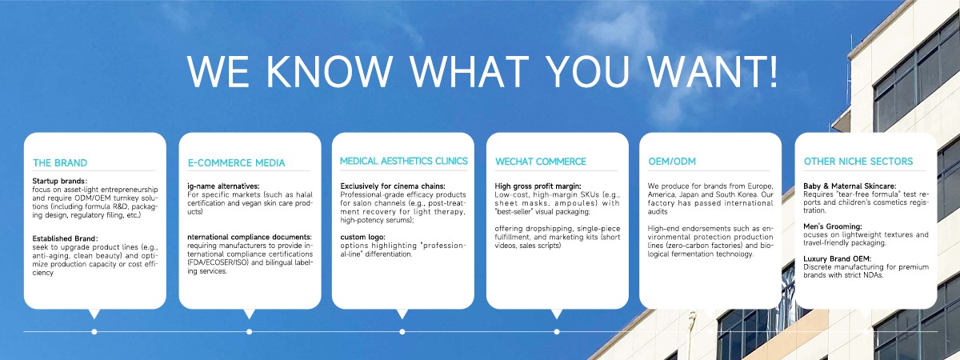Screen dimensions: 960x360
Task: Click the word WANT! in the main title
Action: click(712, 71)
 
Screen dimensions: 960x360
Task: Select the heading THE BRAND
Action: click(60, 163)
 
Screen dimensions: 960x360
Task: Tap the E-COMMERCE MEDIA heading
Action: click(236, 163)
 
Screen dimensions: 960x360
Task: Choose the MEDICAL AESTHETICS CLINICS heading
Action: click(404, 161)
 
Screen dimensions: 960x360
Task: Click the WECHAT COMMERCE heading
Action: click(541, 162)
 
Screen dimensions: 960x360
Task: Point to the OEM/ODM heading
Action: click(672, 162)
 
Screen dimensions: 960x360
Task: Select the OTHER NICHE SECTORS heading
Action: click(858, 162)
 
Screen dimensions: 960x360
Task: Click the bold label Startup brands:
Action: click(59, 182)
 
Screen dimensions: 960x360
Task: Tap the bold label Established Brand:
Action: click(65, 238)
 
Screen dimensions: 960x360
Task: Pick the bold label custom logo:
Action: click(362, 237)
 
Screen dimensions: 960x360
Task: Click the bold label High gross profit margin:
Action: click(538, 186)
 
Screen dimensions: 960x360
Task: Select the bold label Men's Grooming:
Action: click(832, 226)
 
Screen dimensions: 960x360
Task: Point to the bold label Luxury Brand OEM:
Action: click(837, 259)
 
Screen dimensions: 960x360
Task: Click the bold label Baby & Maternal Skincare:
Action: click(850, 186)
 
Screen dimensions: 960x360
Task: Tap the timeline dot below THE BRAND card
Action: click(94, 332)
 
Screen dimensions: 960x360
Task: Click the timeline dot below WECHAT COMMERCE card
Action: click(557, 332)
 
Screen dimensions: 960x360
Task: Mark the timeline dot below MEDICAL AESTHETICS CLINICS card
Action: click(402, 332)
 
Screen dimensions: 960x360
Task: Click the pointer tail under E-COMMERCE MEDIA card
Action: click(249, 314)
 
